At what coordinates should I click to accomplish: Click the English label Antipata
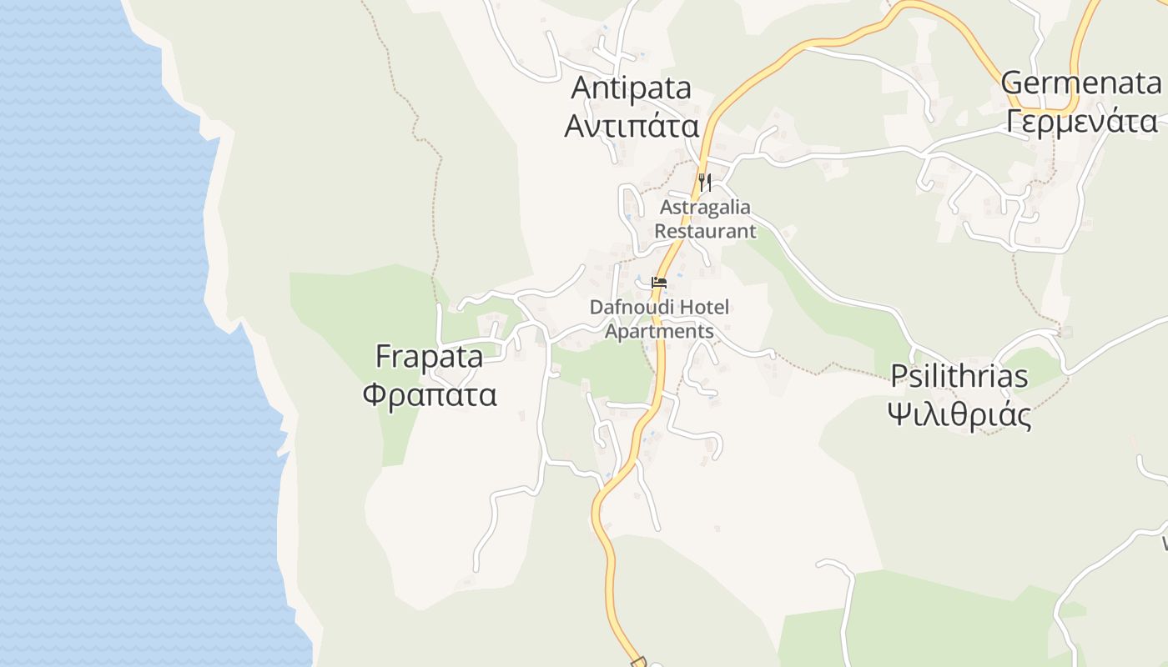coord(632,88)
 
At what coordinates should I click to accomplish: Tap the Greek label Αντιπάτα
coord(632,126)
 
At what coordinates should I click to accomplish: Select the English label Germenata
coord(1080,83)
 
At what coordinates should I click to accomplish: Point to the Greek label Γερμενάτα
coord(1081,122)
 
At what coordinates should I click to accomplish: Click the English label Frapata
coord(429,358)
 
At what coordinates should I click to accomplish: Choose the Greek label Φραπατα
coord(430,394)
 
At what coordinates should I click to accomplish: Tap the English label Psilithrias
coord(959,377)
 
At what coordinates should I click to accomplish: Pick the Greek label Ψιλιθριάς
coord(959,414)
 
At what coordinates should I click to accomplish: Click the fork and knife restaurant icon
coord(705,182)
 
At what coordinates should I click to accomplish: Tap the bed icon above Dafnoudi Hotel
coord(659,283)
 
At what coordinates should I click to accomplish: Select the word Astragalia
coord(705,207)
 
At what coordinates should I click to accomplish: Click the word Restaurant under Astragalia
coord(705,231)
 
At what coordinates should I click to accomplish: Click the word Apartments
coord(659,331)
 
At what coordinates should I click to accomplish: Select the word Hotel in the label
coord(704,307)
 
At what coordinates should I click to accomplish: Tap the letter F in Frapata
coord(384,358)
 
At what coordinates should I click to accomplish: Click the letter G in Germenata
coord(1013,83)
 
